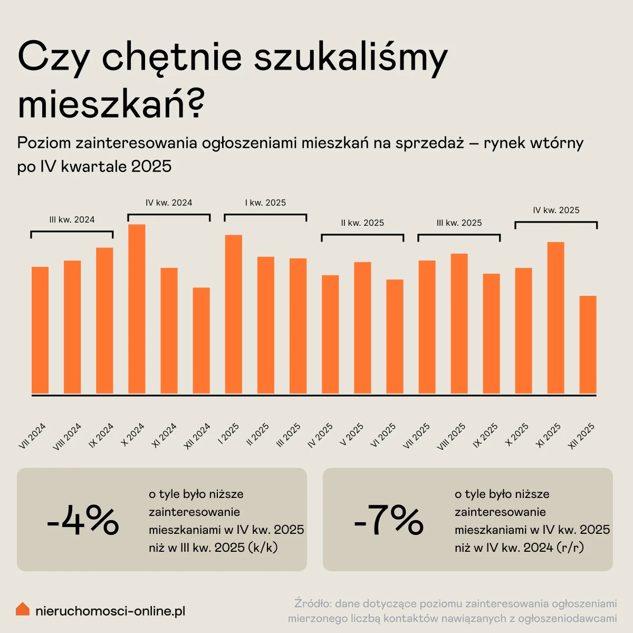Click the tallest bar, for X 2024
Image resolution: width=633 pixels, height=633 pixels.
pos(137,309)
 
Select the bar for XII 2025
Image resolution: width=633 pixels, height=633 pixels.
pos(588,345)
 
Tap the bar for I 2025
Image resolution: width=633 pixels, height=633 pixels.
pos(234,314)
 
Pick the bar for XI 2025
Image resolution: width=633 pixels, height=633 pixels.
pos(555,318)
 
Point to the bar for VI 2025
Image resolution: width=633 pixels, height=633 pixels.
pos(395,337)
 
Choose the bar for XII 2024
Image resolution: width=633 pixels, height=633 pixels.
pos(201,341)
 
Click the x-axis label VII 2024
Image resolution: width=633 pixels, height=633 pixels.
pos(33,436)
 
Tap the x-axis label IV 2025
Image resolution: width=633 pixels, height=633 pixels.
pos(320,436)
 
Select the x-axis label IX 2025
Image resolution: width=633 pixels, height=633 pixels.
pos(486,436)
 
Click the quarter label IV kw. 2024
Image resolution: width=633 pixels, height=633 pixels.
pos(169,203)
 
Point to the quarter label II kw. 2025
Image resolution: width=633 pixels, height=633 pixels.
pos(362,223)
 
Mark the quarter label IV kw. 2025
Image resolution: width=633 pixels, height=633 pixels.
pos(556,210)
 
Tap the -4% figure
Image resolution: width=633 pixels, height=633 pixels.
pos(83,520)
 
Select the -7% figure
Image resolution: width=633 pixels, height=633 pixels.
pos(389,520)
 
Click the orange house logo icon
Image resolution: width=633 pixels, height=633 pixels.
pos(23,609)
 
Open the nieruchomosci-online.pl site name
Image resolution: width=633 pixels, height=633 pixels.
pos(110,611)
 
